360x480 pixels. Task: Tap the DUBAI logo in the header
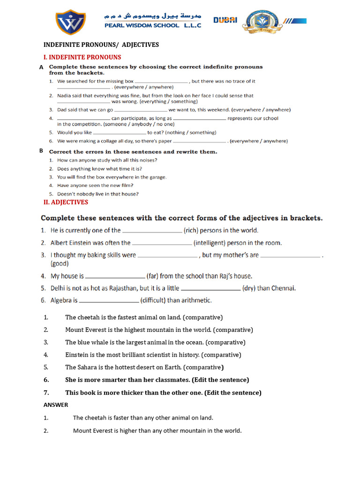tap(225, 20)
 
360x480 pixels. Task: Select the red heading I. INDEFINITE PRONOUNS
tap(82, 57)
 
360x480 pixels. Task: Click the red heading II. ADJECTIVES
tap(66, 202)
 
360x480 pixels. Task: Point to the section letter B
tap(41, 151)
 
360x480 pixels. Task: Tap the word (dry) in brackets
tap(248, 288)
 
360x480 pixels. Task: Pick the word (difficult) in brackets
tap(153, 300)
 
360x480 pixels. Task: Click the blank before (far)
tap(115, 276)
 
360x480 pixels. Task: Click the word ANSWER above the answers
tap(56, 405)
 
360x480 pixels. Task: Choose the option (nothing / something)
tap(190, 133)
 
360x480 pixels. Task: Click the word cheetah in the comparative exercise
tap(87, 317)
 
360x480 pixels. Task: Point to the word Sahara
tap(87, 367)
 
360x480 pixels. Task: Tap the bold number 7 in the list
tap(46, 392)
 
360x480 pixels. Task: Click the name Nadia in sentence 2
tap(64, 96)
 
